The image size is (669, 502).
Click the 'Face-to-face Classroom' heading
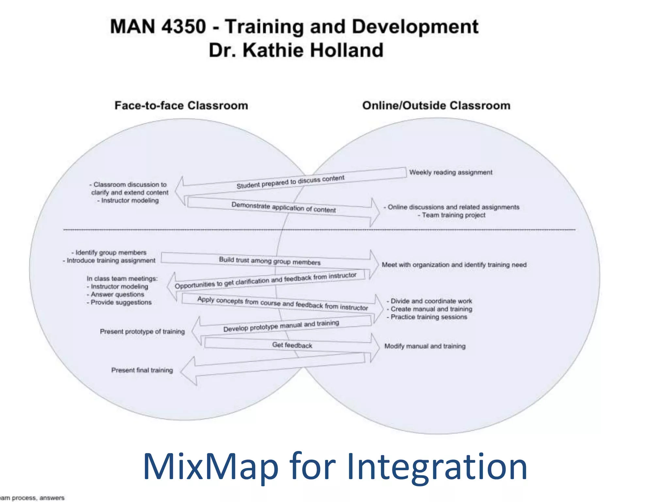181,106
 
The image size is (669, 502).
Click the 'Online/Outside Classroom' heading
436,106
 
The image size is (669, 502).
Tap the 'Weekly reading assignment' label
450,172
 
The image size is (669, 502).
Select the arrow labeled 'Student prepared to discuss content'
290,182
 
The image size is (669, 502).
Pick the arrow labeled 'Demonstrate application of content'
283,207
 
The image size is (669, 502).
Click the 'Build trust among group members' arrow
269,261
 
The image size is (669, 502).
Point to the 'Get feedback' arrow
292,345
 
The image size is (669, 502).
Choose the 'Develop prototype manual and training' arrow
281,326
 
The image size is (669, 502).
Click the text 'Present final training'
142,370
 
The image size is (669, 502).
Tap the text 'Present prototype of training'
142,331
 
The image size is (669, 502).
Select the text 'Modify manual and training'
425,346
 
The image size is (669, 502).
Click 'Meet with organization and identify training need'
454,265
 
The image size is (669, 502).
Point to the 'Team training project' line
453,215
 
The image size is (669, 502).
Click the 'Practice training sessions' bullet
429,317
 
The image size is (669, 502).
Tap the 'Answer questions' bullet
117,294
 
